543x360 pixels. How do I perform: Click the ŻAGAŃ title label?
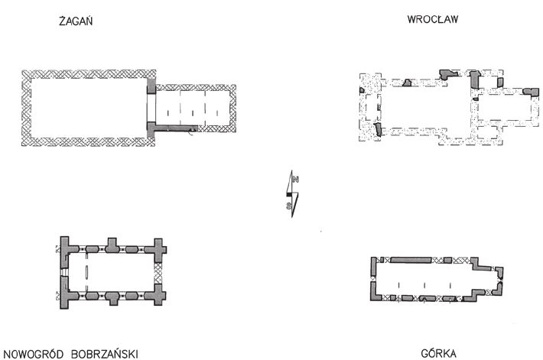(76, 21)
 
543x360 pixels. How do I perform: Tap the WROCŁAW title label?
(433, 19)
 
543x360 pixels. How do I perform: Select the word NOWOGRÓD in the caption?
(34, 354)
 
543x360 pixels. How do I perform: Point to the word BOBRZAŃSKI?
(105, 354)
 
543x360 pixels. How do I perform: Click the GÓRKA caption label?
(438, 353)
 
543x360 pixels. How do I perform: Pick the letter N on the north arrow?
(296, 180)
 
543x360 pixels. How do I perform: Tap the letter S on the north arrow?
(288, 206)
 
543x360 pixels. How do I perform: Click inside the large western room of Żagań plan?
(89, 108)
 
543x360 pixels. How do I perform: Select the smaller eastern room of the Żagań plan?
(192, 108)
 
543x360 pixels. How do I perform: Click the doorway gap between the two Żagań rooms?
(151, 108)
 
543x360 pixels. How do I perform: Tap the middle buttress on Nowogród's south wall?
(112, 298)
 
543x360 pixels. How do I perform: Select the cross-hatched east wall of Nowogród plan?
(158, 273)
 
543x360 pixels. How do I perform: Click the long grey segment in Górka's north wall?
(411, 260)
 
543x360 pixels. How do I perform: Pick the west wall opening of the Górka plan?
(373, 277)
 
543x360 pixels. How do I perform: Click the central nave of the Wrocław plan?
(426, 107)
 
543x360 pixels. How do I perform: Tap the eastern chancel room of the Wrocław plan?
(504, 107)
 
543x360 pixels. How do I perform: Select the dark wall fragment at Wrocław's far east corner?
(531, 92)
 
